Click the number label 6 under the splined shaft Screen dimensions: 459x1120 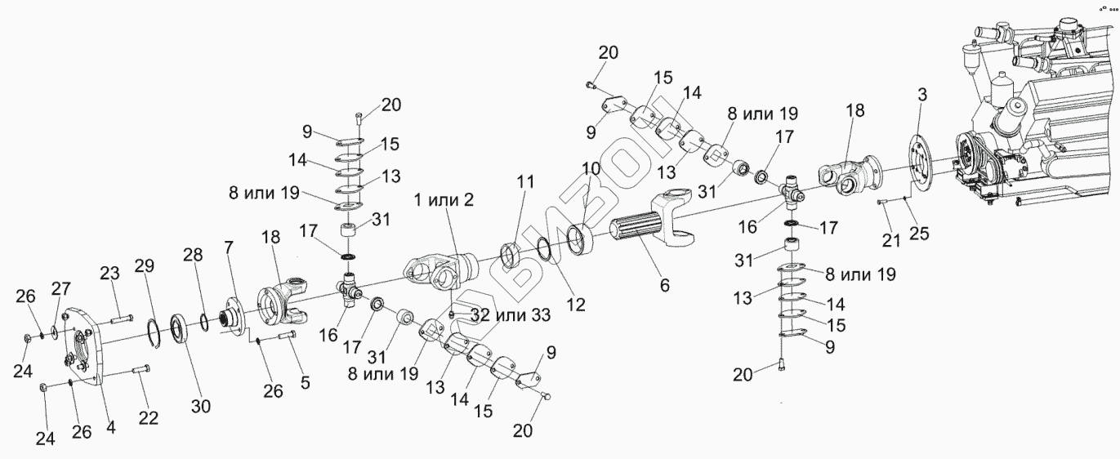click(664, 286)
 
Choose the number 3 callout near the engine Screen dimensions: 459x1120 click(921, 95)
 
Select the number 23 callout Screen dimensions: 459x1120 click(110, 273)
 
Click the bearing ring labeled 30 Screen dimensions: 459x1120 click(181, 331)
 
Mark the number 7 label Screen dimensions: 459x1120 click(229, 246)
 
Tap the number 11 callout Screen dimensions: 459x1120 click(524, 181)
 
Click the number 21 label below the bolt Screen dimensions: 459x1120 click(889, 240)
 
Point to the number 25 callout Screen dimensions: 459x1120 click(918, 234)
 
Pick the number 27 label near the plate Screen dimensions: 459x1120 click(62, 289)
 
